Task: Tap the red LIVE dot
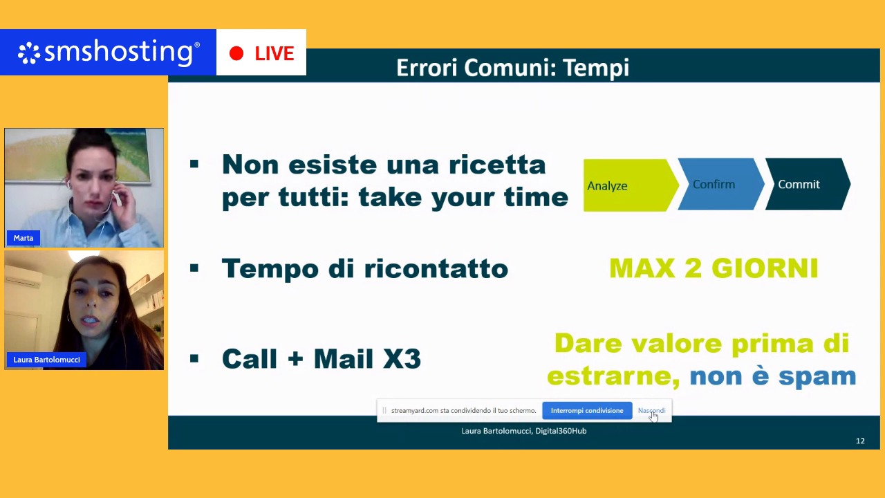coord(236,53)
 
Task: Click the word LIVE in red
coord(274,53)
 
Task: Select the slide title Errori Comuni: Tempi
coord(512,68)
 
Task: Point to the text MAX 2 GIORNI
coord(714,269)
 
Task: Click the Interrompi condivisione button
coord(587,411)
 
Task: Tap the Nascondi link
coord(651,411)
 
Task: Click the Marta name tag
coord(24,238)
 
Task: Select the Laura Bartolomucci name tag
coord(46,360)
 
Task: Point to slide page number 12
coord(860,441)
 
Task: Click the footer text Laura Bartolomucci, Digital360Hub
coord(524,431)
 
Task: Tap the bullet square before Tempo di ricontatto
coord(194,268)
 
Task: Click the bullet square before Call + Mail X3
coord(194,358)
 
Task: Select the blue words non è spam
coord(773,376)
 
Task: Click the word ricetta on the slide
coord(497,165)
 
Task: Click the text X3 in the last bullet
coord(402,359)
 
